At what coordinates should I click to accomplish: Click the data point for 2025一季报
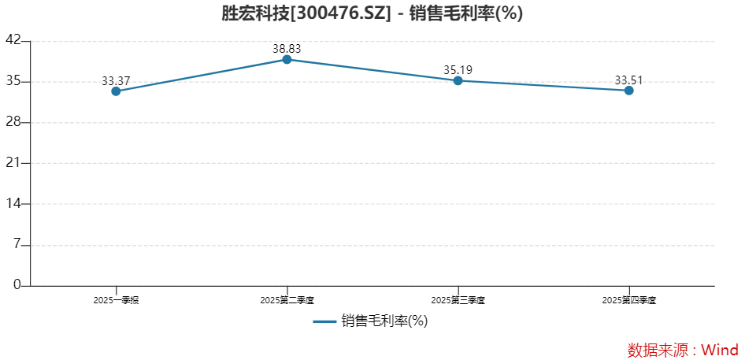pos(116,91)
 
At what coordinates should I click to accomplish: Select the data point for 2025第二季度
pos(287,59)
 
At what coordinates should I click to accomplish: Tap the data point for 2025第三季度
pos(458,80)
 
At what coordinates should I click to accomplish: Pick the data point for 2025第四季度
pos(628,91)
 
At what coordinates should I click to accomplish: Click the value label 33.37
pos(116,80)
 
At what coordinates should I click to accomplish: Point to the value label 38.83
pos(287,49)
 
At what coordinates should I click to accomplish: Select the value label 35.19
pos(458,70)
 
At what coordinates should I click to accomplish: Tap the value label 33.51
pos(628,80)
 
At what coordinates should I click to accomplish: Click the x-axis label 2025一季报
pos(116,300)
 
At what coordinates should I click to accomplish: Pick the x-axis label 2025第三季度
pos(458,300)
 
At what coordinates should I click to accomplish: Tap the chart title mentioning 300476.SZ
pos(372,13)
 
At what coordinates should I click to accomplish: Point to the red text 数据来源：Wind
pos(683,350)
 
